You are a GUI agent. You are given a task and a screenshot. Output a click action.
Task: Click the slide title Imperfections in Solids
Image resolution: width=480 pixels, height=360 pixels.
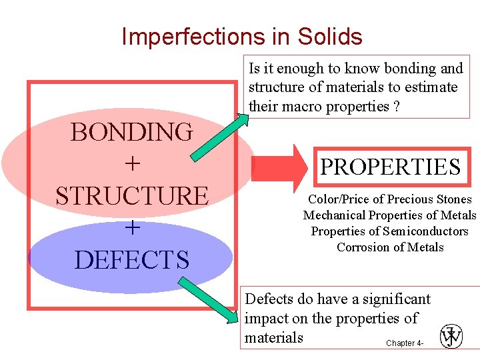click(241, 36)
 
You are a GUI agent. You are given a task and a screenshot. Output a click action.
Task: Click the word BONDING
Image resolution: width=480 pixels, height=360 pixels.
click(131, 132)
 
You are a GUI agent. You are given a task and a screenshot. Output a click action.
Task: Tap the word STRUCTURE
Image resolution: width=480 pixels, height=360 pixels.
click(131, 196)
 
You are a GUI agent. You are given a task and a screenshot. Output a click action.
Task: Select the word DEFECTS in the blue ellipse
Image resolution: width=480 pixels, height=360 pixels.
click(131, 259)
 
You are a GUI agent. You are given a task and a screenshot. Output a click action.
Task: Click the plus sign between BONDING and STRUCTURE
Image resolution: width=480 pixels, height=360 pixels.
click(132, 164)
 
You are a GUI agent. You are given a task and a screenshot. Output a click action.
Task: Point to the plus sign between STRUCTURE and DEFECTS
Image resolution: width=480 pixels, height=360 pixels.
click(132, 228)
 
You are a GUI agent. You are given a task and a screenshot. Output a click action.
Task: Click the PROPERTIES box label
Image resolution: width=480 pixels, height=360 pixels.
click(390, 167)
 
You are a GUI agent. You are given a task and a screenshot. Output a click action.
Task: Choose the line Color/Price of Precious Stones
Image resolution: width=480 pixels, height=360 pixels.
click(389, 199)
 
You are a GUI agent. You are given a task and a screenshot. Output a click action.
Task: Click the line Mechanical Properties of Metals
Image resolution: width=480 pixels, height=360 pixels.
click(389, 215)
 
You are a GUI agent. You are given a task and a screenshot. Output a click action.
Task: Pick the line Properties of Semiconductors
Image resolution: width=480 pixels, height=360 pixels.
click(389, 231)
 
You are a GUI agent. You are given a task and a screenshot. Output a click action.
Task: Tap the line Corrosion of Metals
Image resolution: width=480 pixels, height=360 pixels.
click(389, 247)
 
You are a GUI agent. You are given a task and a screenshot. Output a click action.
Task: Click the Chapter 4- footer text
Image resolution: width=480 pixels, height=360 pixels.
click(404, 343)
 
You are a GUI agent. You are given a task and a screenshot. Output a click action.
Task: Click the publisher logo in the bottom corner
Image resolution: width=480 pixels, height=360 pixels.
click(451, 336)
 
